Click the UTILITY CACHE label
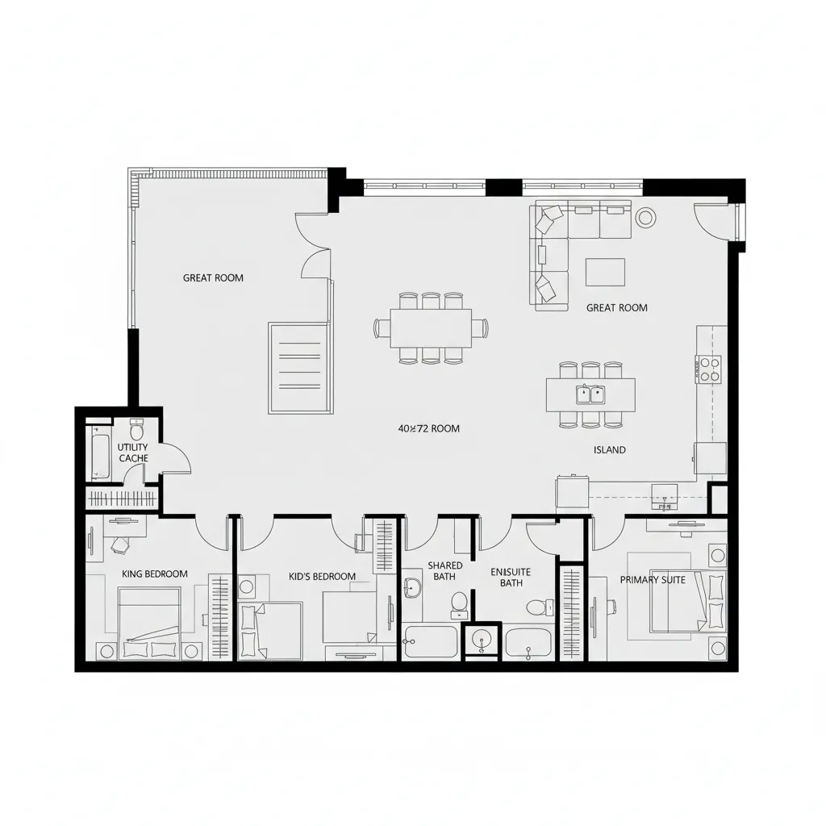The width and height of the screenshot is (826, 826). click(x=133, y=453)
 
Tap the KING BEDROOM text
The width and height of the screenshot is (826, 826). click(x=155, y=574)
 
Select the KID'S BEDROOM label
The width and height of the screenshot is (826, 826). click(x=322, y=577)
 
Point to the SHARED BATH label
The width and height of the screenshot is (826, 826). click(x=444, y=571)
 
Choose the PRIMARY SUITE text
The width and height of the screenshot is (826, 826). click(x=653, y=580)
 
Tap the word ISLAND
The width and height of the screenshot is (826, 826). click(x=609, y=450)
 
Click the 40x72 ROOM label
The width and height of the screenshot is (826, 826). click(x=429, y=428)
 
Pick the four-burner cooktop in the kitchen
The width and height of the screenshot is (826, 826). click(x=709, y=369)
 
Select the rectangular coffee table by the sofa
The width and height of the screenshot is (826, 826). click(x=605, y=272)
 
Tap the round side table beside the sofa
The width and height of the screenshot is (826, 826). click(x=646, y=216)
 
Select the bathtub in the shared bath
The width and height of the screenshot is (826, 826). click(x=430, y=642)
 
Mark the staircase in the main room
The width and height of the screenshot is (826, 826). click(x=299, y=367)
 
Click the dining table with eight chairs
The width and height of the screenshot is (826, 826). click(x=431, y=327)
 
